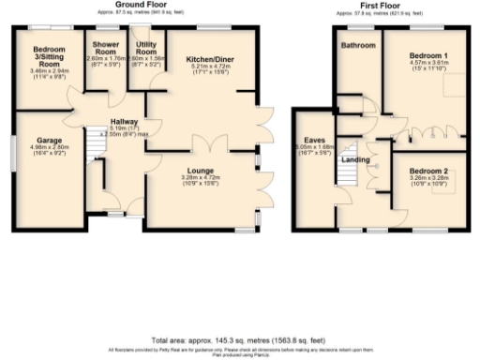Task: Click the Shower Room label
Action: pyautogui.click(x=104, y=47)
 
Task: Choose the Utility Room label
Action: pyautogui.click(x=145, y=47)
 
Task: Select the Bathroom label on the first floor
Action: pyautogui.click(x=357, y=45)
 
